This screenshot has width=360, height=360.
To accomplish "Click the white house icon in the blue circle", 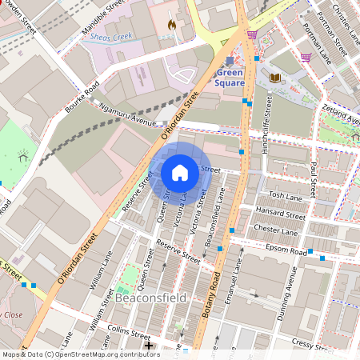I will click(180, 172).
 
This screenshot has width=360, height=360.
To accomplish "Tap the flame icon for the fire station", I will click(170, 25).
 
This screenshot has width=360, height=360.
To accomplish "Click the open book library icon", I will click(276, 78).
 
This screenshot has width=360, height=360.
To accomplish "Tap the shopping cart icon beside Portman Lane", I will click(305, 57).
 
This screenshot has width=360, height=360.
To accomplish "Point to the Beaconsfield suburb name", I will click(150, 298).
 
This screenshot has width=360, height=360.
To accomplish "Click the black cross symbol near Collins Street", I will click(149, 346).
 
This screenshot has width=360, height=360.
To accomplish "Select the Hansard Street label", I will click(280, 214).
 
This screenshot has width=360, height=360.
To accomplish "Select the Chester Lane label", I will click(275, 230).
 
